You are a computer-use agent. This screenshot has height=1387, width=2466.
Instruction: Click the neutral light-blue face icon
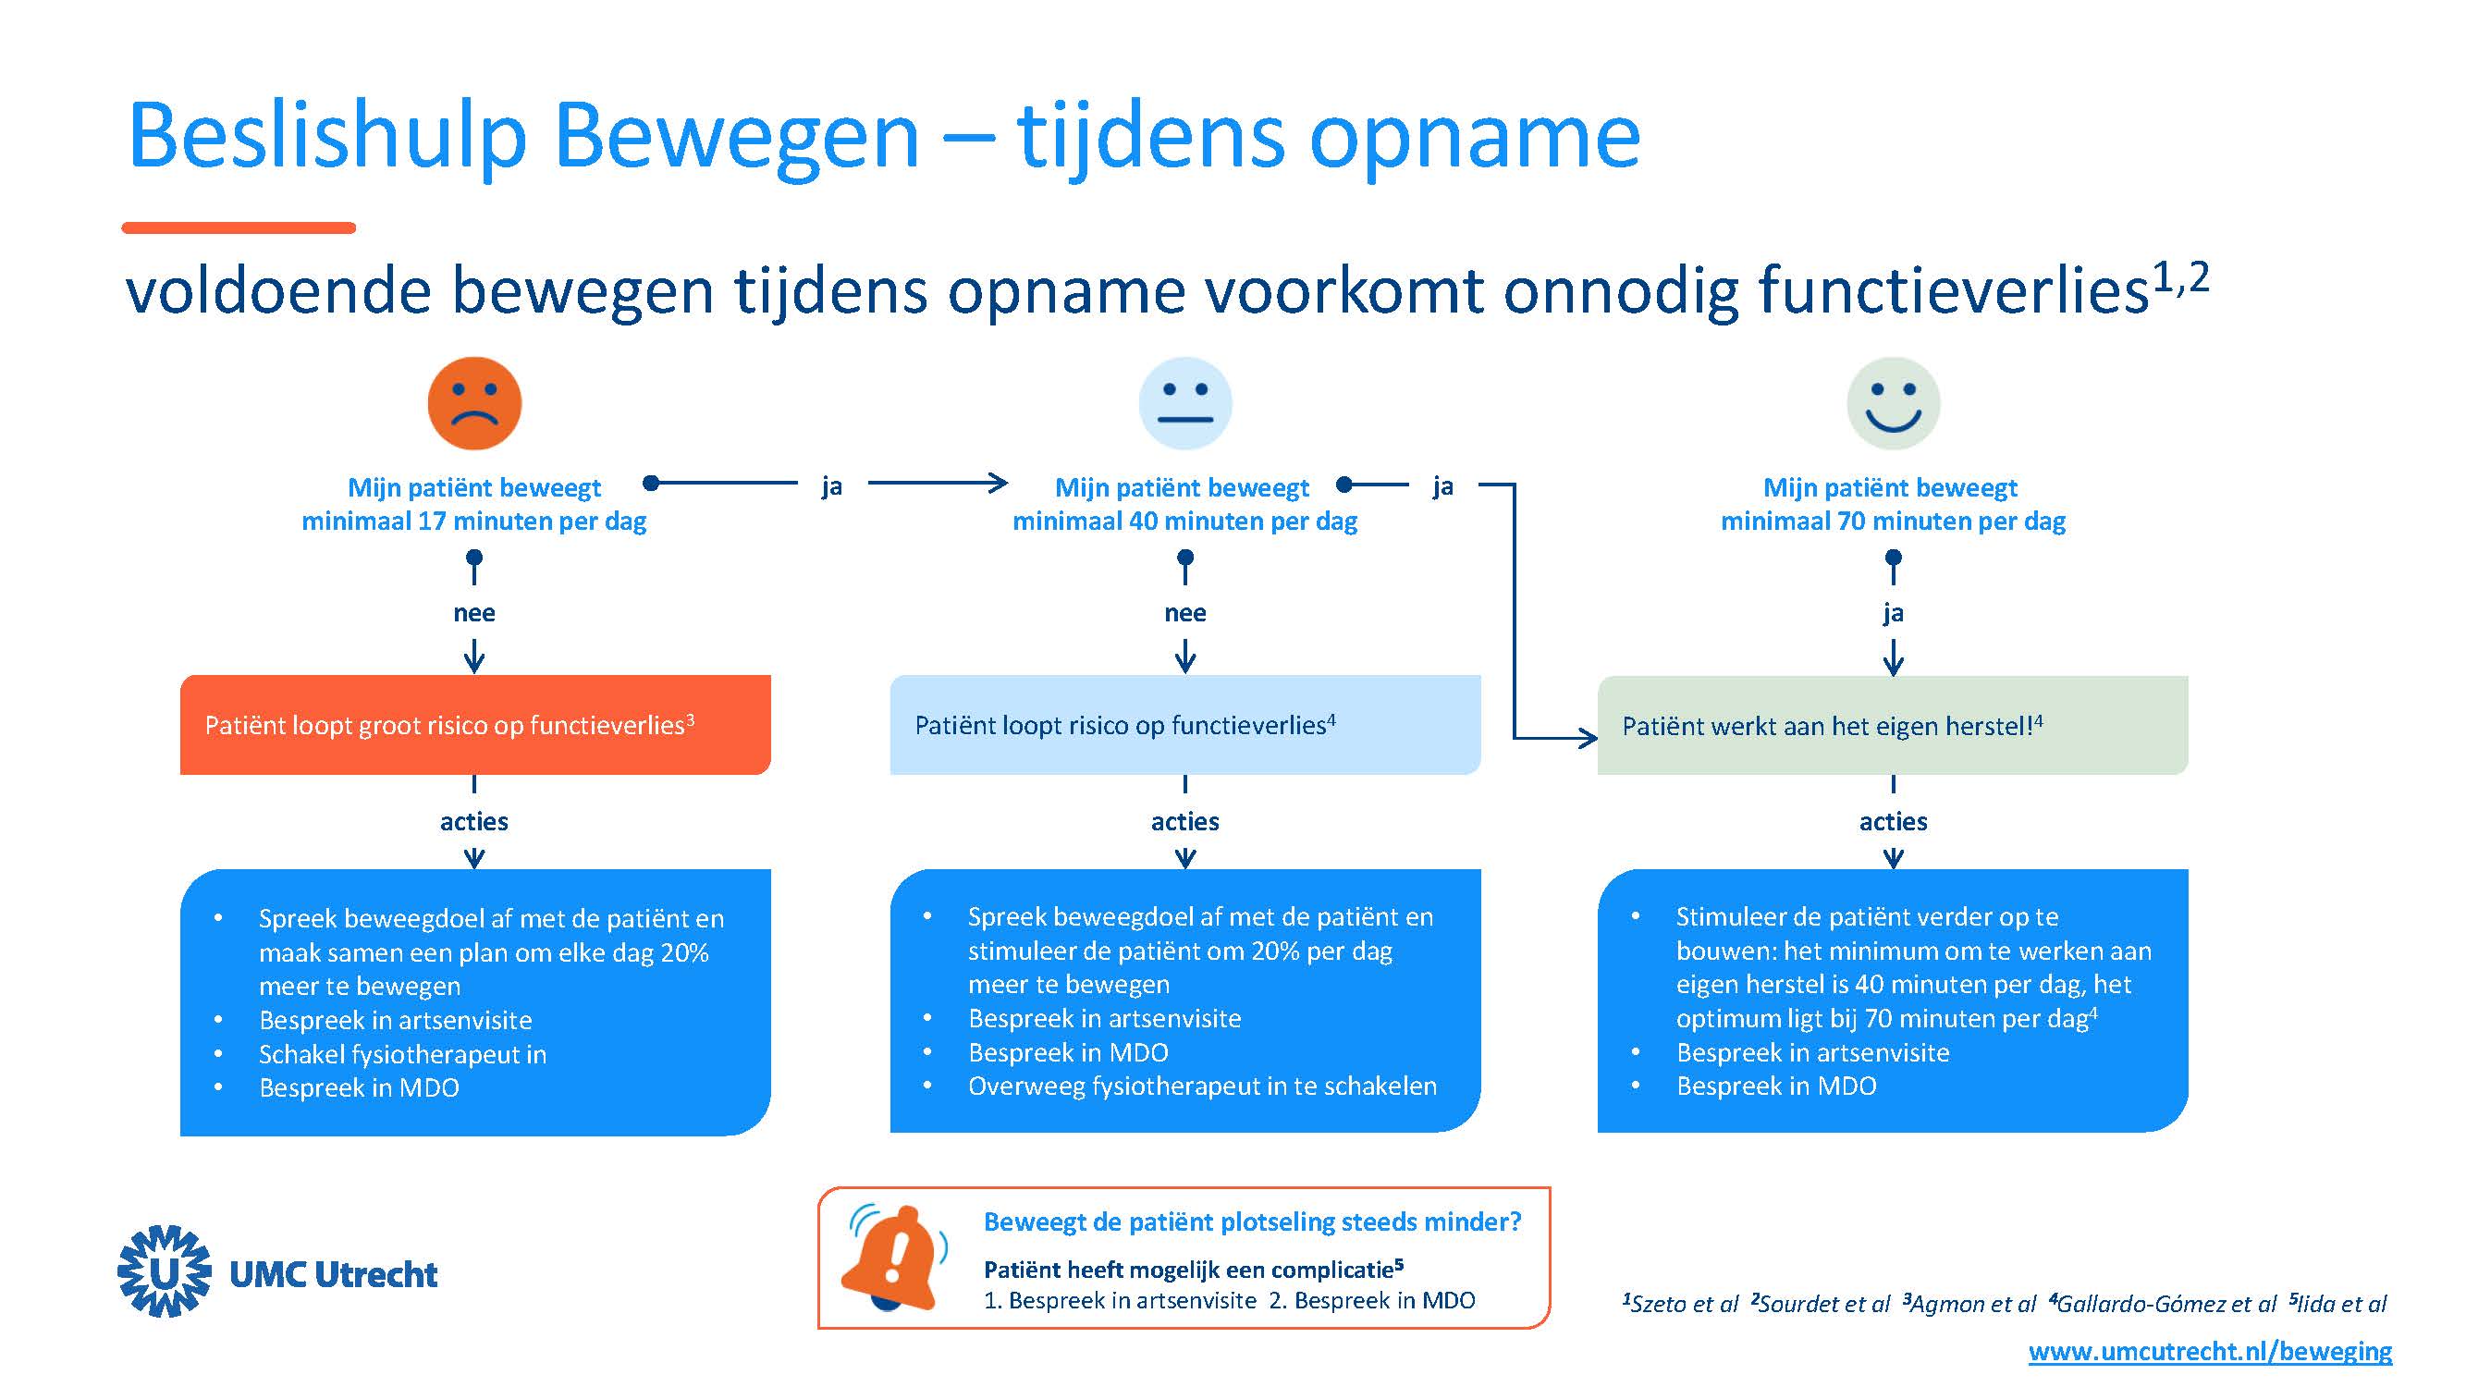(1184, 403)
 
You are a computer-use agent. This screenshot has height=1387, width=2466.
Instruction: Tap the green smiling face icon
(1893, 403)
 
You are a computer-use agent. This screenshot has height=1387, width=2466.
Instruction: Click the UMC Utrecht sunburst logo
(164, 1271)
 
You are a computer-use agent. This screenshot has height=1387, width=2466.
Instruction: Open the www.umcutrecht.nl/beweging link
(2210, 1351)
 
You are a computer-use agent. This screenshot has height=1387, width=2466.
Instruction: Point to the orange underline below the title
(239, 227)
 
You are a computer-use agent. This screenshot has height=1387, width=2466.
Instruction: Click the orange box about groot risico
(475, 725)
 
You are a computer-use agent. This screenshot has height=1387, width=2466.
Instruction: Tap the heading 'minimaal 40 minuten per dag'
(1184, 521)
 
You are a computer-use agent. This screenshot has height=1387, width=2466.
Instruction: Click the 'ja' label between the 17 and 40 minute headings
(831, 485)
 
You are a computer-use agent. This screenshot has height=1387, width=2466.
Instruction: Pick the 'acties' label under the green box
(1893, 821)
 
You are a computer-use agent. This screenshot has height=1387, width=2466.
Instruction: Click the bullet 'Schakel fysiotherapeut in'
(402, 1054)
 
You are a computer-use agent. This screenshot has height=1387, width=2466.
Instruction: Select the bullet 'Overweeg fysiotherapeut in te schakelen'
(1201, 1086)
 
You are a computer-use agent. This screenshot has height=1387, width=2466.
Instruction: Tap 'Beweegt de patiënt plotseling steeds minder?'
(1252, 1221)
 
